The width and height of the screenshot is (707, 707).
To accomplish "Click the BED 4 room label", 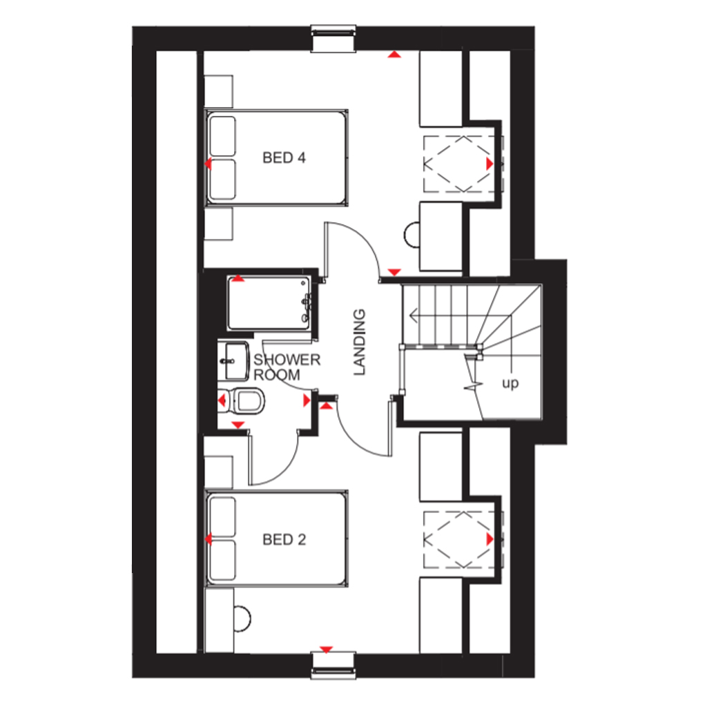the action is point(284,158).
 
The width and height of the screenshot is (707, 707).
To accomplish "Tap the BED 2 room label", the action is point(284,540).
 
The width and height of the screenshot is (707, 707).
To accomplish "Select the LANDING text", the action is point(359,342).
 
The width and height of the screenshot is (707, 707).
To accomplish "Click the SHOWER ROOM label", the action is point(287,367).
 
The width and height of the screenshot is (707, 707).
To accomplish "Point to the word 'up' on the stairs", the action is point(510,383).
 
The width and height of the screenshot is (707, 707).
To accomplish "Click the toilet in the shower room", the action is point(246,400).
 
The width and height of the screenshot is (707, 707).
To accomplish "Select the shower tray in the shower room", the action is point(269,303).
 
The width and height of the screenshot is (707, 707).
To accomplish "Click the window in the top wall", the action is point(333,39).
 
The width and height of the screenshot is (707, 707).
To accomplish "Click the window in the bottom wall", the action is point(333,665).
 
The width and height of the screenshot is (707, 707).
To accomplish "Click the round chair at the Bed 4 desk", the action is point(411,235).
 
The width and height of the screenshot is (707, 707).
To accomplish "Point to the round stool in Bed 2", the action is point(242,619).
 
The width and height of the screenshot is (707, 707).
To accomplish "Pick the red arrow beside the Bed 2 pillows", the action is point(208,539).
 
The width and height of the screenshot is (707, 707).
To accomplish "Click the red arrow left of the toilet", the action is point(222,400).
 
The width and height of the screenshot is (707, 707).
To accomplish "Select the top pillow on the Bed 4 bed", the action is point(223,136).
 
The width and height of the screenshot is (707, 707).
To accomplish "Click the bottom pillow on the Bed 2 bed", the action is point(223,560).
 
